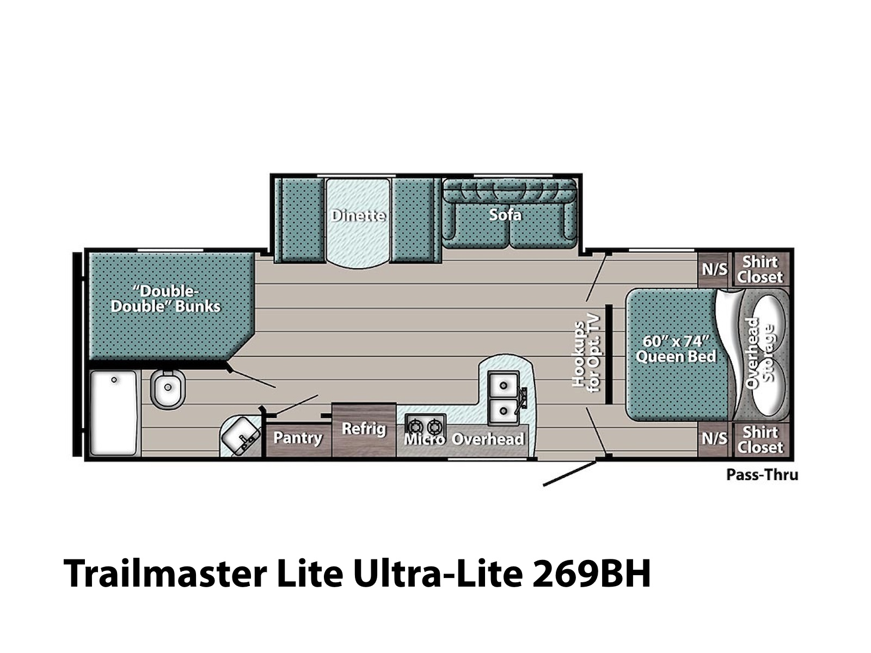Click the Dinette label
pos(358,215)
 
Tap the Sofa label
pos(505,214)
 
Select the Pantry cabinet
pos(298,440)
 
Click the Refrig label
pos(364,429)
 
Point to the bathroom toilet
pos(168,389)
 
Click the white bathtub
pos(113,412)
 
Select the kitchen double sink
pos(503,398)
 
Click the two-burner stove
pos(425,426)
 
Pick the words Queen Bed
pos(676,356)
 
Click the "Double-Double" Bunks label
pos(165,299)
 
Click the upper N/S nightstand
pos(714,269)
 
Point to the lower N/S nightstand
pos(714,440)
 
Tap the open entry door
pos(569,473)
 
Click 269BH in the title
pos(591,574)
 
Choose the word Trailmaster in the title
pos(165,574)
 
